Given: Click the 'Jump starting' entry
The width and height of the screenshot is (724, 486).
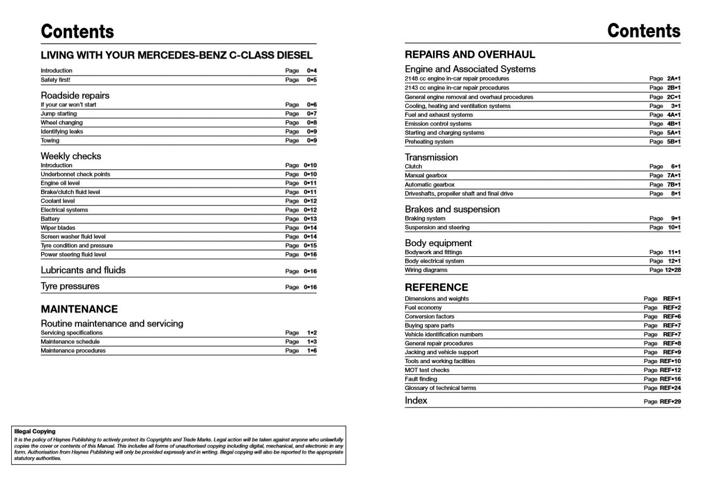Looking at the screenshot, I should tap(59, 114).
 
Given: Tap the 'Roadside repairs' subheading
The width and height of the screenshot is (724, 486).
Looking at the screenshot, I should tap(75, 96).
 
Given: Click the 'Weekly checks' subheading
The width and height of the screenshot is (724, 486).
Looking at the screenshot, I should tap(70, 156).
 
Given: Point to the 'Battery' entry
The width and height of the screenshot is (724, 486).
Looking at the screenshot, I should tap(50, 219).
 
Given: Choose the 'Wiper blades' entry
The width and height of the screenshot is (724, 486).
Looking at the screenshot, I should tap(58, 228).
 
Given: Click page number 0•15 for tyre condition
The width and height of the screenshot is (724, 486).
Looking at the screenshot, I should tap(310, 246).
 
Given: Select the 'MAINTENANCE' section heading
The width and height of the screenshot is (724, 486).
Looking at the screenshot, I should tap(79, 309).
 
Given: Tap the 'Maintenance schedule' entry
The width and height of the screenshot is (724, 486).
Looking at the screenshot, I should tap(70, 342).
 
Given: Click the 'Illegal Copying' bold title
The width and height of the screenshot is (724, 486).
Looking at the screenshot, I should tap(35, 432).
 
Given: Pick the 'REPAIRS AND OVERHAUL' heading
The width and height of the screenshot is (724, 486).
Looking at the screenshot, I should tap(469, 54).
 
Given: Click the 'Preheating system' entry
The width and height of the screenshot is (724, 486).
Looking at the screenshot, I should tap(429, 142).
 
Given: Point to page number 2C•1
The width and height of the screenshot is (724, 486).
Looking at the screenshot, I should tap(673, 97).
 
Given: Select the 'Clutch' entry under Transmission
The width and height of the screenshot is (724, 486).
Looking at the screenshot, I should tap(413, 167).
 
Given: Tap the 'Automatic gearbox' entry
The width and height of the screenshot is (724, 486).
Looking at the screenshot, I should tap(429, 185).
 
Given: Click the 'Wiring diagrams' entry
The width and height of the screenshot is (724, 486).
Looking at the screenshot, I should tap(426, 270).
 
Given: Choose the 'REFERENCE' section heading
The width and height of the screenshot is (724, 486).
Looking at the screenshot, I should tap(436, 287).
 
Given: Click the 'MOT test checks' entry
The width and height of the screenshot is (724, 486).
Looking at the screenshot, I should tap(427, 370).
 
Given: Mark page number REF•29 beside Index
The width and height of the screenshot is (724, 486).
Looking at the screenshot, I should tap(670, 402).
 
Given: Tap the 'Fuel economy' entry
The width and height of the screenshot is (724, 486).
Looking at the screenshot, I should tap(423, 308).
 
